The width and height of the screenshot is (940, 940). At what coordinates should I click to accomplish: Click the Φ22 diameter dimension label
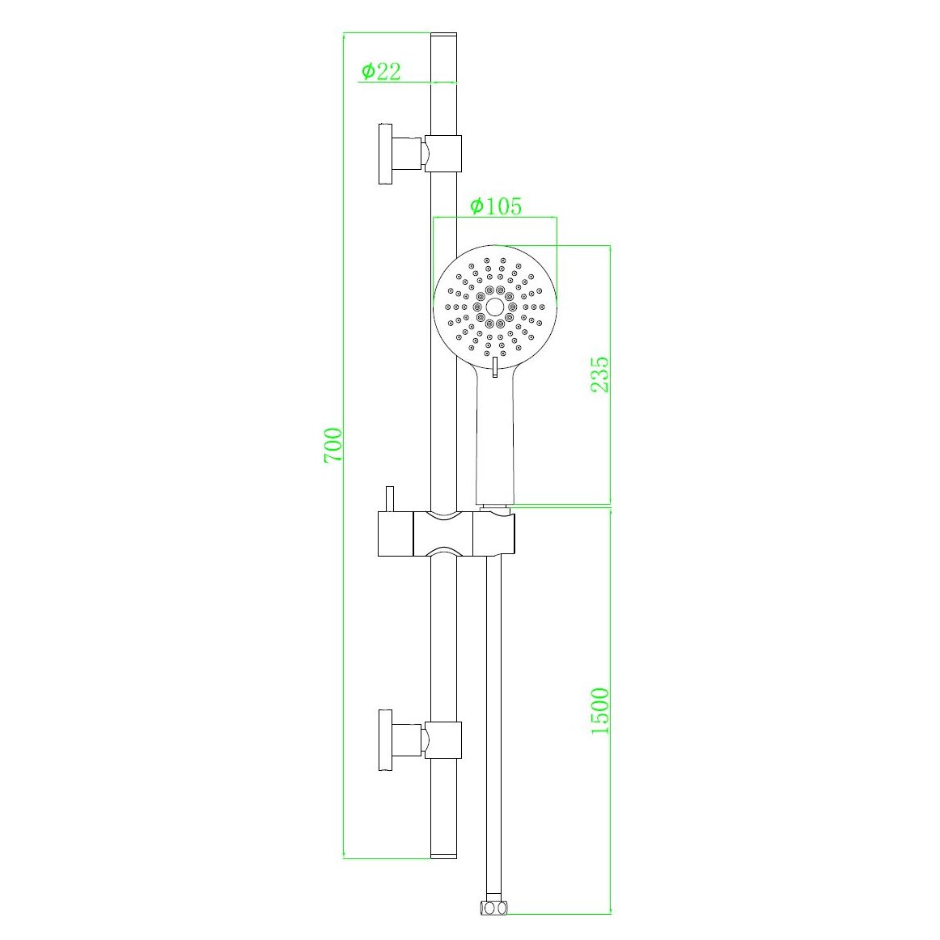pos(380,71)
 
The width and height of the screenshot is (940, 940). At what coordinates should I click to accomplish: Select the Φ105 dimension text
pos(495,206)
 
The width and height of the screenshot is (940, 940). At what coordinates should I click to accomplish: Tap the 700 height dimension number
pos(332,445)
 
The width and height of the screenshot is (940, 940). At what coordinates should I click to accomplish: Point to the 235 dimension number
pos(599,374)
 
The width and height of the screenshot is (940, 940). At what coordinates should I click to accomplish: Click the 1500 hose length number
pos(599,710)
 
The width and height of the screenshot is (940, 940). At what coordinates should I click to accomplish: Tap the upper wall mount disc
pos(385,153)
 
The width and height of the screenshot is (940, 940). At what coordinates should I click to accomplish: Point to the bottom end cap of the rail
pos(443,853)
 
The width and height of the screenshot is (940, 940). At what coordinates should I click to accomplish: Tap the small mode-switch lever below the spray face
pos(493,368)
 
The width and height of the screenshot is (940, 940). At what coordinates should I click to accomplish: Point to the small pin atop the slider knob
pos(389,498)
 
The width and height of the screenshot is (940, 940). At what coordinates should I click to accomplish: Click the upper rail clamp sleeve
pos(443,153)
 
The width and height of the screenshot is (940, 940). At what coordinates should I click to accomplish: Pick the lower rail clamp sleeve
pos(443,739)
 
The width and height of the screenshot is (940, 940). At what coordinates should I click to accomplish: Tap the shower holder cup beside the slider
pos(493,534)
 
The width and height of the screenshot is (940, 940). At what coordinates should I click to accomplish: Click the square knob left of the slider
pos(395,534)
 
